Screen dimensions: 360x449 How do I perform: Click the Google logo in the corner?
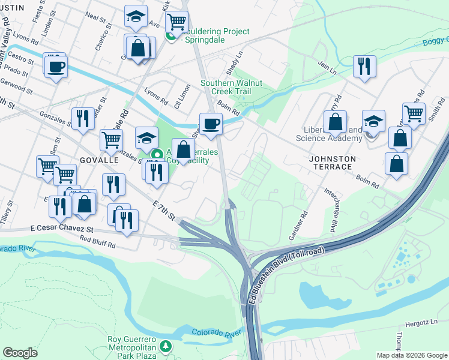20,353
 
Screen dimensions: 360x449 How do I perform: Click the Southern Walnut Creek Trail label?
232,87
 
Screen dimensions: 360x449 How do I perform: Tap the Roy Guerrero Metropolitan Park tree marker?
166,346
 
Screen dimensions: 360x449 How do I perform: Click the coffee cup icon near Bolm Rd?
211,124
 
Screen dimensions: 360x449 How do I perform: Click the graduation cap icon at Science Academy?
373,121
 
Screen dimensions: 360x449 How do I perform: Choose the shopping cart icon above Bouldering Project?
176,22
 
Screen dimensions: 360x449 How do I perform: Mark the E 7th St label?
163,211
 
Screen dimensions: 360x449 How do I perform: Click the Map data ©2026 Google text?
411,355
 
